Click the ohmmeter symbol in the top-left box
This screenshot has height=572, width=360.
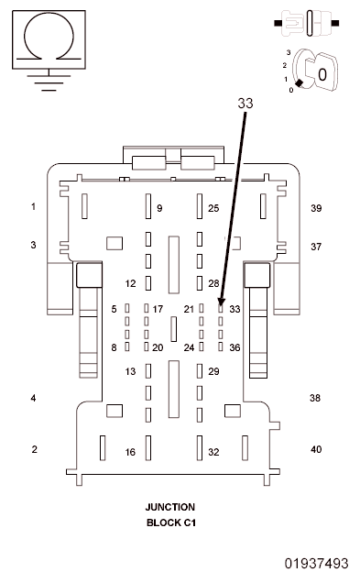pyautogui.click(x=47, y=41)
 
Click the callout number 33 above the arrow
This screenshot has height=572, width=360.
pyautogui.click(x=245, y=104)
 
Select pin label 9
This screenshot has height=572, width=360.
pyautogui.click(x=158, y=209)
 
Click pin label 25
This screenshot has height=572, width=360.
pyautogui.click(x=213, y=209)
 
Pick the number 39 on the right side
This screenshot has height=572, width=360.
pyautogui.click(x=316, y=209)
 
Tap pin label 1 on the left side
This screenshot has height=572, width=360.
pyautogui.click(x=33, y=207)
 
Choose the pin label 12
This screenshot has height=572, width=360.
pyautogui.click(x=130, y=283)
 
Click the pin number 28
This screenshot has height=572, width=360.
pyautogui.click(x=213, y=283)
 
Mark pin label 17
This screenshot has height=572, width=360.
pyautogui.click(x=158, y=309)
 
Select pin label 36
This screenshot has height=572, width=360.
pyautogui.click(x=235, y=347)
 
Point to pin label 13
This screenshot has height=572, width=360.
pyautogui.click(x=130, y=371)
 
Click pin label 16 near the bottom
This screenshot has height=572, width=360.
pyautogui.click(x=130, y=452)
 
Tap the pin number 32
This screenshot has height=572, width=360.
pyautogui.click(x=213, y=452)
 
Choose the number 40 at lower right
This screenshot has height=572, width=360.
pyautogui.click(x=316, y=449)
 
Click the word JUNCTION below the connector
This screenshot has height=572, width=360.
pyautogui.click(x=170, y=507)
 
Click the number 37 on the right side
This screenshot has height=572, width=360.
pyautogui.click(x=316, y=247)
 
